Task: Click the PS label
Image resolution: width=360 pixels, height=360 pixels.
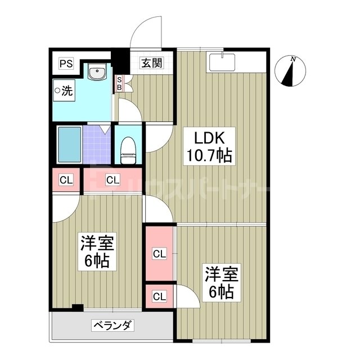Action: coord(66,62)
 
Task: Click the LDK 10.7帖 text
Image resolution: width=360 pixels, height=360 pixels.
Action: coord(210,147)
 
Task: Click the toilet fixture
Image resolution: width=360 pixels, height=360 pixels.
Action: coord(129,149)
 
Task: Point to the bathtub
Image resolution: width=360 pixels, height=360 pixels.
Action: coord(69,145)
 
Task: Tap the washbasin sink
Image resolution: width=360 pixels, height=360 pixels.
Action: coord(97,73)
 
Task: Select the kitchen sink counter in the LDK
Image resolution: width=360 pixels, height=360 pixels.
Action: coord(223,62)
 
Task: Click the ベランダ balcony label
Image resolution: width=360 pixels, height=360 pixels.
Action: coord(112,325)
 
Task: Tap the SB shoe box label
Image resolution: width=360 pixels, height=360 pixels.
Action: coord(119,84)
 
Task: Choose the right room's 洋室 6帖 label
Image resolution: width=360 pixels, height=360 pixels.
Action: coord(221,283)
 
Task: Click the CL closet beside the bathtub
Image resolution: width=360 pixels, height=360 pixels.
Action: coord(66,180)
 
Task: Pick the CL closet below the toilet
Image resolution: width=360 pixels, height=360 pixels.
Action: coord(112,180)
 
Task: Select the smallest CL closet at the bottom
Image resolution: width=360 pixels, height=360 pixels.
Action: coord(159,296)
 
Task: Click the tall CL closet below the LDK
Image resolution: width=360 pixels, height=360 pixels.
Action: coord(159,254)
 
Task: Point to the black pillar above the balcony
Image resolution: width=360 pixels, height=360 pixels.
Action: coord(78,307)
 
